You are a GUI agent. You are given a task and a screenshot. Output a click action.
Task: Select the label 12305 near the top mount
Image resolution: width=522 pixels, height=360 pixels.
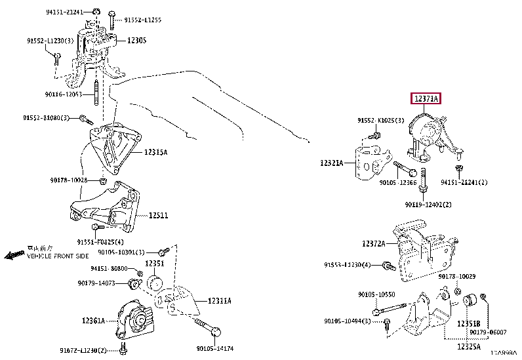[136, 41]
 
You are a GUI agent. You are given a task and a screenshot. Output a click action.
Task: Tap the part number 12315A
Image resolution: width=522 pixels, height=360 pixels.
[157, 152]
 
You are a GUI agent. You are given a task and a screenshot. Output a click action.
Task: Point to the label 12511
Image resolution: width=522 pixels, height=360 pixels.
[158, 215]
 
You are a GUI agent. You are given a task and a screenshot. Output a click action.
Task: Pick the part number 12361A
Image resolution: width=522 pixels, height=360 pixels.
[94, 321]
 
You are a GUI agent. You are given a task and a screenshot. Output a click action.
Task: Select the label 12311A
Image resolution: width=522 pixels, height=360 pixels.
[222, 300]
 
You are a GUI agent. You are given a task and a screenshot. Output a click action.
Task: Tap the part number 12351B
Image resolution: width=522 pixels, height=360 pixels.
[468, 323]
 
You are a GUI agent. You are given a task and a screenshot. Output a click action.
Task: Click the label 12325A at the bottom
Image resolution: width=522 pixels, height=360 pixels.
[469, 346]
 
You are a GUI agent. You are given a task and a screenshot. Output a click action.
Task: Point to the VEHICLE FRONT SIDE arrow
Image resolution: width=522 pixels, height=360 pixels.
[13, 254]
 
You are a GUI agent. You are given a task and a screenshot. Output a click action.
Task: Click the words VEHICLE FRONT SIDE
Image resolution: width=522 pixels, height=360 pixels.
[58, 256]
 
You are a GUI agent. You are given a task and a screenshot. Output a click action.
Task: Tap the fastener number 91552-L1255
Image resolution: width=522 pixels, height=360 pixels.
[143, 20]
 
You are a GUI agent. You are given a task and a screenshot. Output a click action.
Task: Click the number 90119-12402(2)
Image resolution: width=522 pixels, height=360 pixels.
[429, 205]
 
